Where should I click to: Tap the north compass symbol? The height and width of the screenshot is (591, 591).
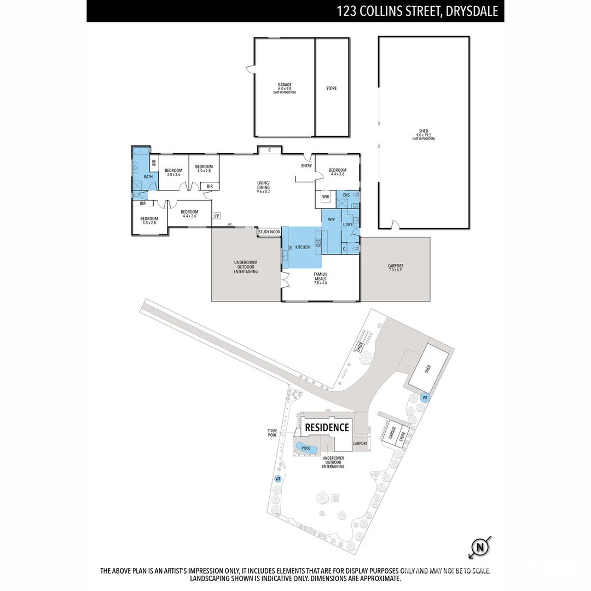coord(479,547)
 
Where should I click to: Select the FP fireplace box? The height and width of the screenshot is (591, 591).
coord(217,216)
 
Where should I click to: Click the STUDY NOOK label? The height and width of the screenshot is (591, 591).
coord(269,232)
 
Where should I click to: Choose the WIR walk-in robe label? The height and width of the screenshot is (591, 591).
coord(326,196)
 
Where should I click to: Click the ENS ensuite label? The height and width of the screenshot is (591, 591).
coord(346,194)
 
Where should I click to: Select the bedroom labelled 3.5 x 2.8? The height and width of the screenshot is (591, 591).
coord(149,221)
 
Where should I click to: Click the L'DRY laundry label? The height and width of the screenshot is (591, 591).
coord(347,225)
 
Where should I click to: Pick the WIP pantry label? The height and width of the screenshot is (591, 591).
coord(331,219)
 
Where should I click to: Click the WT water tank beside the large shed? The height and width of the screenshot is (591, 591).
coord(425,398)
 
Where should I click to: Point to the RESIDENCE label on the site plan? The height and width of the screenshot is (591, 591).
coord(327,427)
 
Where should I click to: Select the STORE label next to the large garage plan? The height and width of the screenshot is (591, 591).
coord(332,88)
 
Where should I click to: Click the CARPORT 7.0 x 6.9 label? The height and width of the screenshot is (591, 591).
coord(395,268)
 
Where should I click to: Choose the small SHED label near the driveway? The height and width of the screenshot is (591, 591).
coord(360,347)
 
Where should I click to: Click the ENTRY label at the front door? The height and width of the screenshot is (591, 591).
coord(306,166)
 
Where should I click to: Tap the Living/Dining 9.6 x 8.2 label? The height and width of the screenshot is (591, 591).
coord(264,187)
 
